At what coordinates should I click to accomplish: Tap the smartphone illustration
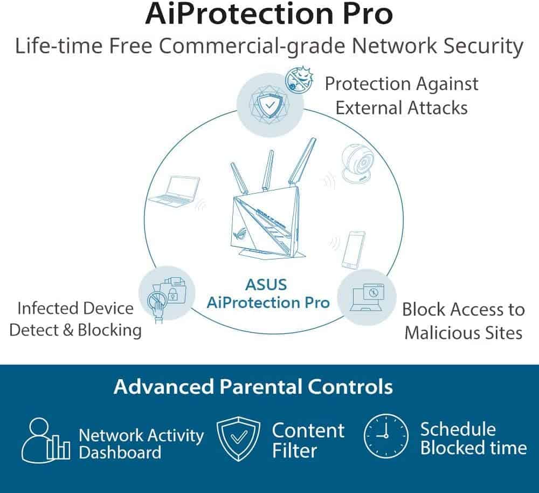[354, 249]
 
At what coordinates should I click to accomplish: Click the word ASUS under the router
[266, 284]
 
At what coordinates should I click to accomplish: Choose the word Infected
[46, 309]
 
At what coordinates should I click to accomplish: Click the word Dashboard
[120, 452]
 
